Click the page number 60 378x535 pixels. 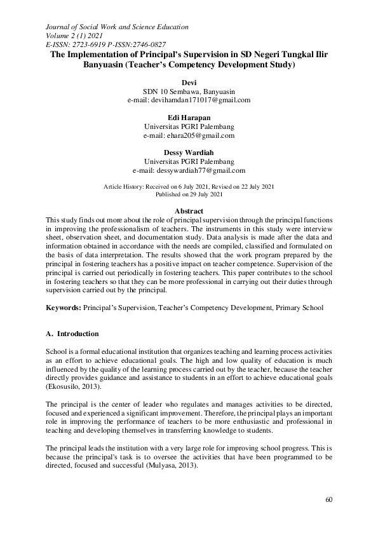click(328, 499)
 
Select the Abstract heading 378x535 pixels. click(189, 211)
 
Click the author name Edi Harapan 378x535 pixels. click(189, 118)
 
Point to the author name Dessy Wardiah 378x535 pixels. click(189, 153)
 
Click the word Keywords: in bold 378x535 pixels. click(63, 308)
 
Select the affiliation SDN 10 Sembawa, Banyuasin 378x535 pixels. click(189, 91)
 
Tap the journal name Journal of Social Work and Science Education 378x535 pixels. click(117, 27)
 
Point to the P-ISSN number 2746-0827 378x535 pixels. click(147, 45)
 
